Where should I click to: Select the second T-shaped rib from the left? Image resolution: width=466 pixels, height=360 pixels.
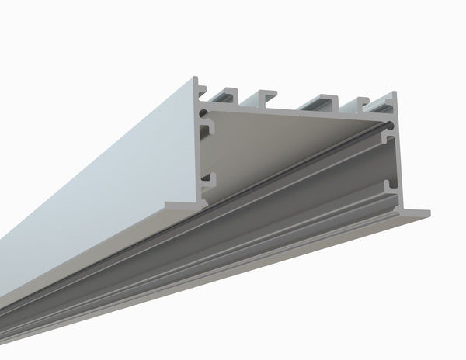coord(264,96)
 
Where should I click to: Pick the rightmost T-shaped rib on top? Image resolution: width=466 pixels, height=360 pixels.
coord(363,102)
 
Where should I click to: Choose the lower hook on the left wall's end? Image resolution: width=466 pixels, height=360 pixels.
coord(206,180)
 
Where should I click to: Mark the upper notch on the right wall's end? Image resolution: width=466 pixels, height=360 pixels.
coord(389,142)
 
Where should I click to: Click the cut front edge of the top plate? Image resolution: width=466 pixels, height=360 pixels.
coord(295,111)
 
